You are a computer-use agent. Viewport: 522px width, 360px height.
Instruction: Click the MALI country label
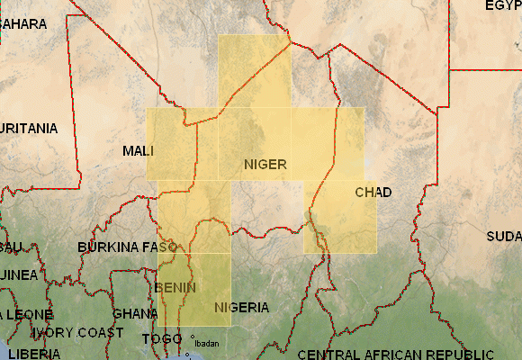pos(138,150)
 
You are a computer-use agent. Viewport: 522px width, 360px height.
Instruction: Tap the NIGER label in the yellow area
pos(265,164)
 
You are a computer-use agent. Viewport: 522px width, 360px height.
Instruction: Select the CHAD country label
pos(373,192)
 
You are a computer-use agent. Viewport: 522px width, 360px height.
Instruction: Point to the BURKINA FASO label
pos(128,246)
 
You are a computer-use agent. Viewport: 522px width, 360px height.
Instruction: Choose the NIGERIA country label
pos(241,307)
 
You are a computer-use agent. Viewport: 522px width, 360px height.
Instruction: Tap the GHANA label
pos(135,314)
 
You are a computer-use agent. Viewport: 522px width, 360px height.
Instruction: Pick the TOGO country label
pos(161,339)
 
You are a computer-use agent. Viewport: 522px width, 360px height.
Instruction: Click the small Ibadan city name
pos(206,344)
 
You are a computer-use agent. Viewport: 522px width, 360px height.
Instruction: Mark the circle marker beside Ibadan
pos(192,337)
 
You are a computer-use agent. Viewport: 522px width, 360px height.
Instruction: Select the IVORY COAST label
pos(78,332)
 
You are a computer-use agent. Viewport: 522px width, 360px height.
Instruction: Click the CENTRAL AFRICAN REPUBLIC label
pos(394,353)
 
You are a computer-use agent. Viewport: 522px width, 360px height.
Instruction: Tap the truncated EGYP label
pos(503,5)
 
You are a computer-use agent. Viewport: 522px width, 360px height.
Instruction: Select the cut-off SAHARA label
pos(23,23)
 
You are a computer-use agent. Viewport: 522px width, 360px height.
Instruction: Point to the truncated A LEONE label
pos(26,314)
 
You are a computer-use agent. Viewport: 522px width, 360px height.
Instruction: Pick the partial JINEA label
pos(18,274)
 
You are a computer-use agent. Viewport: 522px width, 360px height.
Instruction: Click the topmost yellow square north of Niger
pos(254,71)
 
